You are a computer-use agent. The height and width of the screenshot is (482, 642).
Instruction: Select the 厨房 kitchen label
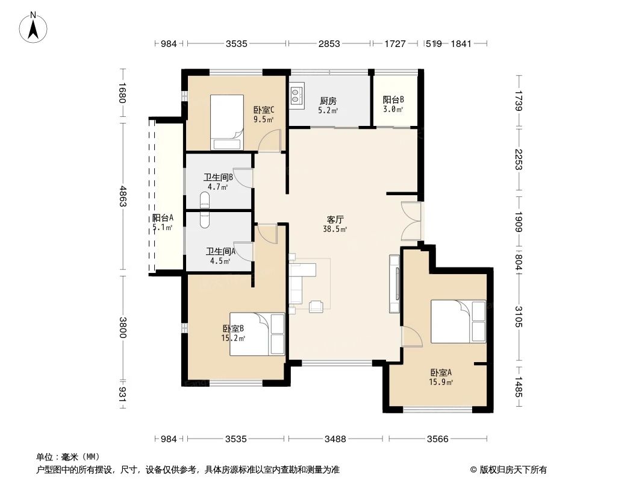tap(328, 101)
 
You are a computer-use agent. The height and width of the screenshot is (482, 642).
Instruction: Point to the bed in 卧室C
tap(226, 122)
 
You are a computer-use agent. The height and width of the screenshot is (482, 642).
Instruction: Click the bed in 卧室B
tap(257, 334)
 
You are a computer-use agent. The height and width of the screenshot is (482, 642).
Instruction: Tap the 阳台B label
tap(393, 100)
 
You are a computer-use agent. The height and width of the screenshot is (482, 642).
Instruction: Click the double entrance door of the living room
tap(411, 221)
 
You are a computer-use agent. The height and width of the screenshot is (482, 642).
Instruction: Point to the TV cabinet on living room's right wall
tap(394, 284)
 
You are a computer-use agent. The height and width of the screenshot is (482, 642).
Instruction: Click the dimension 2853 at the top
tap(329, 43)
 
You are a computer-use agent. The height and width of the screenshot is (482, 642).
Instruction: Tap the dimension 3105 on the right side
tap(519, 316)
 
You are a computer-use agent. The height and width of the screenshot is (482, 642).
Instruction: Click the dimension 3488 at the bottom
tap(335, 439)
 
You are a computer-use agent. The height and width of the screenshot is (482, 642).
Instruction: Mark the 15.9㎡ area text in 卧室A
tap(441, 382)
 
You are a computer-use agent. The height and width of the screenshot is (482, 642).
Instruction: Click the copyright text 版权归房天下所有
tap(512, 469)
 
